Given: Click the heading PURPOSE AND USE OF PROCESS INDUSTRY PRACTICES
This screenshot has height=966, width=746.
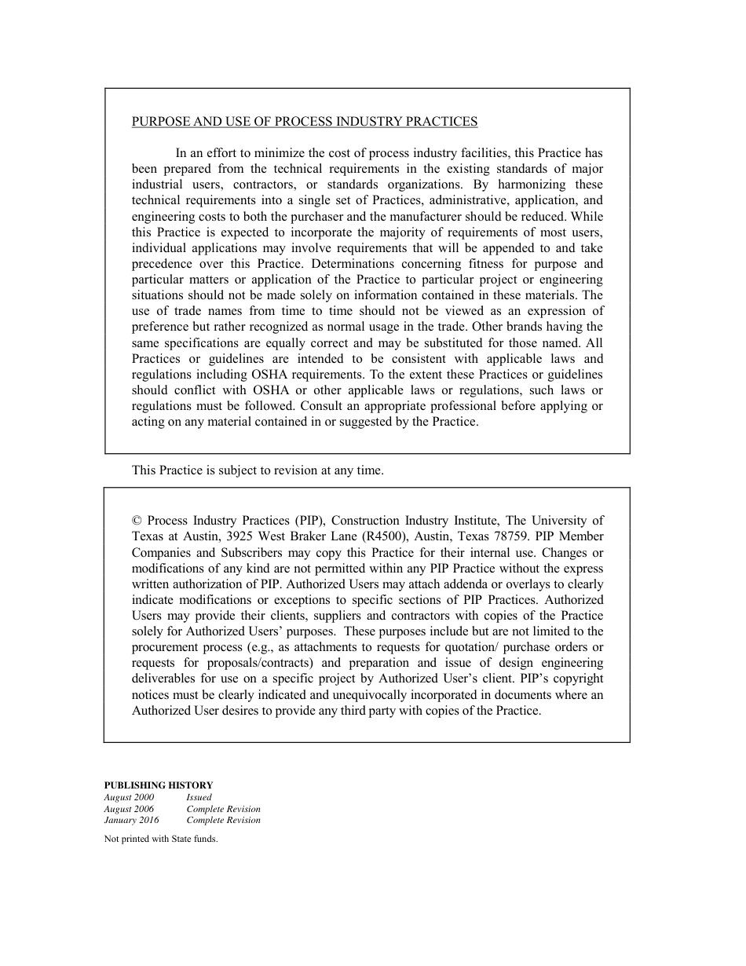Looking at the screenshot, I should pos(304,122).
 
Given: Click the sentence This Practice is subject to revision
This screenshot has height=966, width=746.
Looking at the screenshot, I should pos(258,470).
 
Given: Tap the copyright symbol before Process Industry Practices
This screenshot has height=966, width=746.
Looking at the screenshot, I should pos(137,521).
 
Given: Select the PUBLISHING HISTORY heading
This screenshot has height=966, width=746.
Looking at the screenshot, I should pos(158,785).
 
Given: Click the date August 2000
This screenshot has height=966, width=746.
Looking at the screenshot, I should pos(129,797).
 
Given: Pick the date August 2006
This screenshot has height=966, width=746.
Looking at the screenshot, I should pos(129,809).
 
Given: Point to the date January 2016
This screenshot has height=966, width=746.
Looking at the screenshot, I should pos(131,820).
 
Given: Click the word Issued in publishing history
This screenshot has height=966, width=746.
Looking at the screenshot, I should pos(199,797).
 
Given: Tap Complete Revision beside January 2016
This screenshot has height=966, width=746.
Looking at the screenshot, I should pos(223,820).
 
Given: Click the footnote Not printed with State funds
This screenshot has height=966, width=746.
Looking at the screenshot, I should pos(160,839).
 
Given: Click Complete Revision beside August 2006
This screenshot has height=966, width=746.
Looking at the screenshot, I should pos(223,809).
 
